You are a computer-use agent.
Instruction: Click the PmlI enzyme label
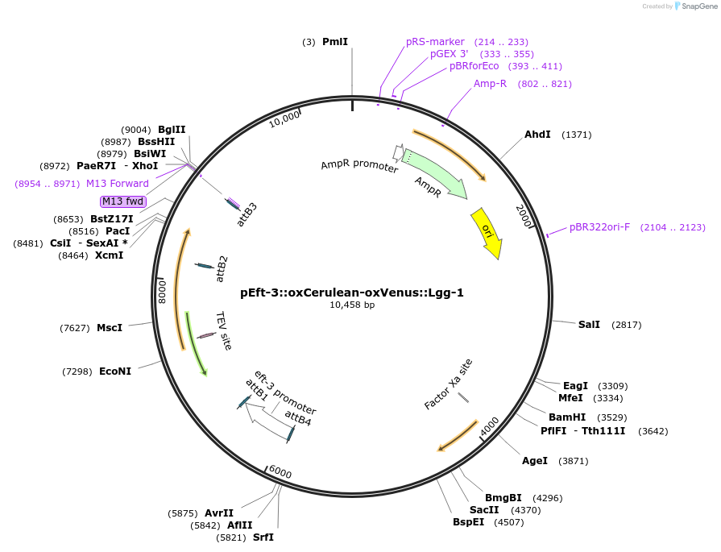click(335, 41)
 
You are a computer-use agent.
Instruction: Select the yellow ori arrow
click(487, 233)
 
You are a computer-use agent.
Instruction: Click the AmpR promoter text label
click(359, 165)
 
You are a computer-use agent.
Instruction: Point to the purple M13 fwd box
click(123, 201)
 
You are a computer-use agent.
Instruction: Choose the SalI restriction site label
click(589, 324)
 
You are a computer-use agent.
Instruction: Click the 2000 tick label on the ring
click(523, 215)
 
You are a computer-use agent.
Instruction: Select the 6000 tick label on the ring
click(280, 471)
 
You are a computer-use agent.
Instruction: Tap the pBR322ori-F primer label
click(599, 227)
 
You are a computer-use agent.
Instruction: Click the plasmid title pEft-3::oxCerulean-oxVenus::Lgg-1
click(352, 293)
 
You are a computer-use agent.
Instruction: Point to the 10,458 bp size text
click(352, 305)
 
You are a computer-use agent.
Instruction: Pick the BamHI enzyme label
click(566, 417)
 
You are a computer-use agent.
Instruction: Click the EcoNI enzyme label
click(115, 371)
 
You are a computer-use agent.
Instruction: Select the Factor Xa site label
click(449, 384)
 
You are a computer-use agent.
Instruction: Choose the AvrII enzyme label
click(218, 513)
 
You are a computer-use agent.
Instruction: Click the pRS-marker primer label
click(435, 42)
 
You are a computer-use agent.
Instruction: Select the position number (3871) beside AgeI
click(572, 461)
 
